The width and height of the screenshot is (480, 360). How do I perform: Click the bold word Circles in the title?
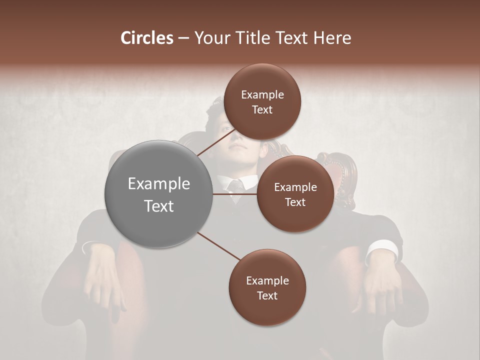[147, 38]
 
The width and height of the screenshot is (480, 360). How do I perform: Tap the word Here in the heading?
[332, 38]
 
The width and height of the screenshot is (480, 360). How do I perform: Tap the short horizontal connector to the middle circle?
[235, 194]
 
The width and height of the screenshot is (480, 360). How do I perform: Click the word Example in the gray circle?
[158, 184]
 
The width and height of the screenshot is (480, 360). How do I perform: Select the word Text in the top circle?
[262, 110]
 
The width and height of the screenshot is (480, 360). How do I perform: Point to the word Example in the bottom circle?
[267, 281]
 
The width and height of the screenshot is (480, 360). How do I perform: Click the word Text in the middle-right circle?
[295, 202]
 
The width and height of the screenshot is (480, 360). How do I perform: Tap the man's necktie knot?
[234, 186]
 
